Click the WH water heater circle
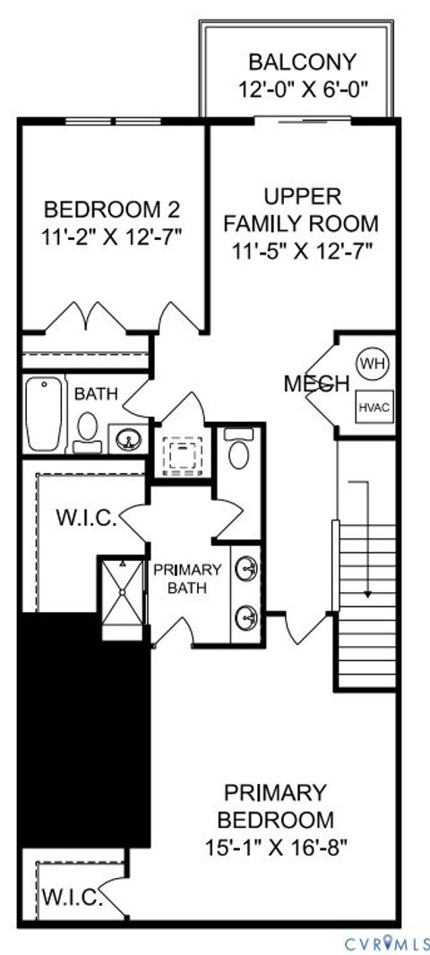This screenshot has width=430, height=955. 370,363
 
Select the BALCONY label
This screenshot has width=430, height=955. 302,63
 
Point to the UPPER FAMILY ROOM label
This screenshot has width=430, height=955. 301,210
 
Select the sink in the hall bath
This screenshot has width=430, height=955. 127,439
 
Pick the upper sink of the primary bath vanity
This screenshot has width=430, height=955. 245,568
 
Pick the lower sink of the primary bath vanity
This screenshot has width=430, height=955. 245,615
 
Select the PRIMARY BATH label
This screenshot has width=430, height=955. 187,579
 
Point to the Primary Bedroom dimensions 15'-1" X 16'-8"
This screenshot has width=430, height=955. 279,845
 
